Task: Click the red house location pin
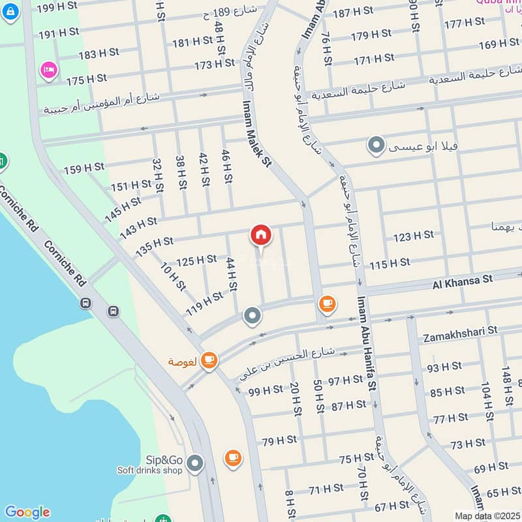coord(261,236)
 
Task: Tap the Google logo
coord(27,512)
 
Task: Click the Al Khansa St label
coord(462,281)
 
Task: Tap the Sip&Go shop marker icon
coord(194,464)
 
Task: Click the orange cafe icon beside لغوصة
coord(209,360)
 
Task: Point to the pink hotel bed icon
coord(48,69)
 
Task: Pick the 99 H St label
coord(266,390)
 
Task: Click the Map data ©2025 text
coord(487,515)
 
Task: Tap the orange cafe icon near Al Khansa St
coord(327,304)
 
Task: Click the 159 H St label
coord(84,168)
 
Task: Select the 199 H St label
coord(57,8)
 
